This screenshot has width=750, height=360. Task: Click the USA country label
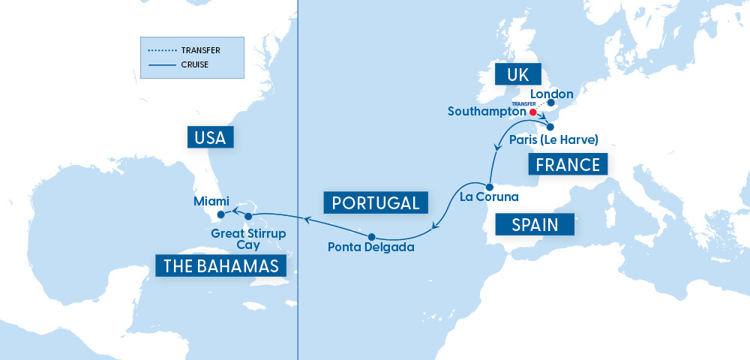pos(211,137)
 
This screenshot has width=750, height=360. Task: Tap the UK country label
pos(517,75)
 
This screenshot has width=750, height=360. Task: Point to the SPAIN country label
pos(534,224)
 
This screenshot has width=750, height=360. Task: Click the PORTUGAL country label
pos(376,202)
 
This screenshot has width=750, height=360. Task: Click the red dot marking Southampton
pos(532,112)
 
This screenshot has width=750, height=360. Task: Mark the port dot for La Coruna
pos(488,187)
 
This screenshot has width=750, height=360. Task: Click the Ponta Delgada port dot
pos(371,236)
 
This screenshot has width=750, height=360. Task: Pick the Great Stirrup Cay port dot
pos(248,217)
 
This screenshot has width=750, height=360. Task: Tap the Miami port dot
pos(220,214)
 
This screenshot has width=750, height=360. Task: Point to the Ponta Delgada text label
pos(371,247)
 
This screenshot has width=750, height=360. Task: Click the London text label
pos(555,94)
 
